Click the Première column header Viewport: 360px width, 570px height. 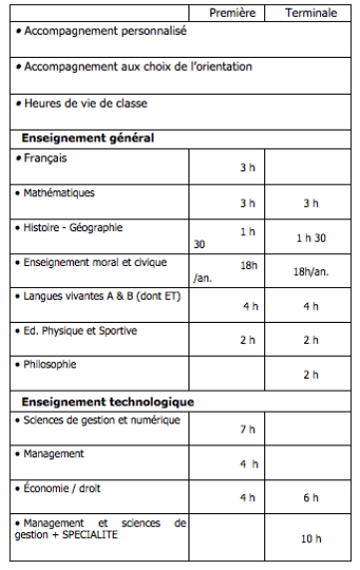236,12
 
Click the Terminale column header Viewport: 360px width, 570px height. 310,12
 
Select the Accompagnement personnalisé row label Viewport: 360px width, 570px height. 105,31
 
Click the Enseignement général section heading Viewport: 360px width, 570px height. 87,138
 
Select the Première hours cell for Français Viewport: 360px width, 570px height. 248,167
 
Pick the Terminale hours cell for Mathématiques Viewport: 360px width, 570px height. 310,203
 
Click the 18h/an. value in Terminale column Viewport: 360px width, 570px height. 311,272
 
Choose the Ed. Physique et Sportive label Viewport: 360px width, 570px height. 81,330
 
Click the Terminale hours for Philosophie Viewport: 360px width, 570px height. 310,375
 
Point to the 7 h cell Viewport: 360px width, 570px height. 248,429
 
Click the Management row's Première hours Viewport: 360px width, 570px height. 248,463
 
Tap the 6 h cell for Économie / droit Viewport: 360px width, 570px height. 310,497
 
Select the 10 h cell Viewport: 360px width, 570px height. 310,538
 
